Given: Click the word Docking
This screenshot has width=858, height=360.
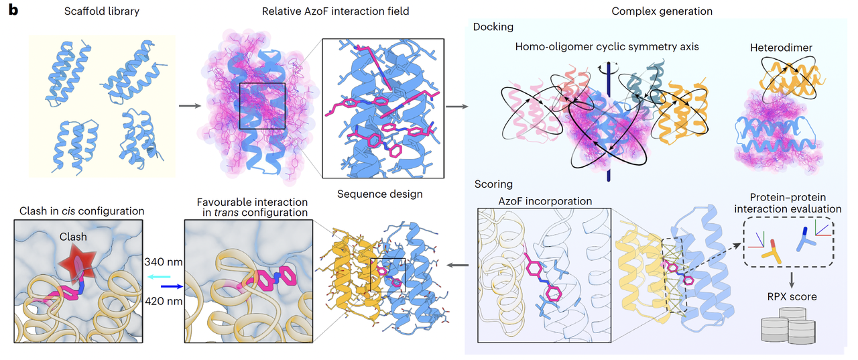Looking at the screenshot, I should pyautogui.click(x=493, y=27).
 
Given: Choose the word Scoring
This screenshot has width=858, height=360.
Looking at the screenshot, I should pyautogui.click(x=494, y=183).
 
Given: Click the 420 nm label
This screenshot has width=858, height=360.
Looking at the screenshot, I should pyautogui.click(x=164, y=301).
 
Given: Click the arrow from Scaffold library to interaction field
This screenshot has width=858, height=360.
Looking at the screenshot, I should pyautogui.click(x=190, y=105).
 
